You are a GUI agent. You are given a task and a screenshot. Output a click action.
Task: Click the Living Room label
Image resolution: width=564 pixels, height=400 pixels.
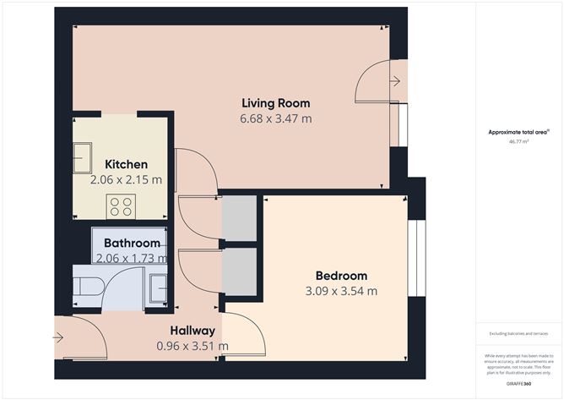(x=276, y=103)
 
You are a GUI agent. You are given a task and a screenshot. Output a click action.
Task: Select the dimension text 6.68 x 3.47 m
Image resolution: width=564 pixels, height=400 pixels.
(x=276, y=119)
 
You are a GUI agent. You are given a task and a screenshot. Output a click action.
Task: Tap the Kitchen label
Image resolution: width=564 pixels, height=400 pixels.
(x=126, y=164)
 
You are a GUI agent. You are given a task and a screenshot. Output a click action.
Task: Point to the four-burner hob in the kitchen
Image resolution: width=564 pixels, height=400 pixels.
(x=122, y=205)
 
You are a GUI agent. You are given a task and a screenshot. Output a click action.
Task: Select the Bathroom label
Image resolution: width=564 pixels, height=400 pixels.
(x=132, y=244)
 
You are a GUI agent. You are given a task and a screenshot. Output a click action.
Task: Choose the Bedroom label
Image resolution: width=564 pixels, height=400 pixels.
(x=341, y=276)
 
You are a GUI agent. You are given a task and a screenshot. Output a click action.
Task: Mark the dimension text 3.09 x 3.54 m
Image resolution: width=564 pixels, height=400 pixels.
(x=341, y=292)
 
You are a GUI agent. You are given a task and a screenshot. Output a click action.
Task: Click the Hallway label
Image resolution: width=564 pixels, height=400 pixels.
(x=193, y=330)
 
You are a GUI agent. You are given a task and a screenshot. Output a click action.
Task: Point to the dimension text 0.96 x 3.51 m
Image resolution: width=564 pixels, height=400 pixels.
(x=193, y=346)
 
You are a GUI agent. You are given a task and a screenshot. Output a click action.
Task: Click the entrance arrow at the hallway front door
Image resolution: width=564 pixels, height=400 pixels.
(x=58, y=338)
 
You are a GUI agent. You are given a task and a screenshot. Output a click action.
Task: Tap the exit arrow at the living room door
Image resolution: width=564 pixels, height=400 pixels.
(x=395, y=81)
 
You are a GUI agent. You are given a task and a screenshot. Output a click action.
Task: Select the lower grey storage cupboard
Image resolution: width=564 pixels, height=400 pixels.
(x=238, y=271)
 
